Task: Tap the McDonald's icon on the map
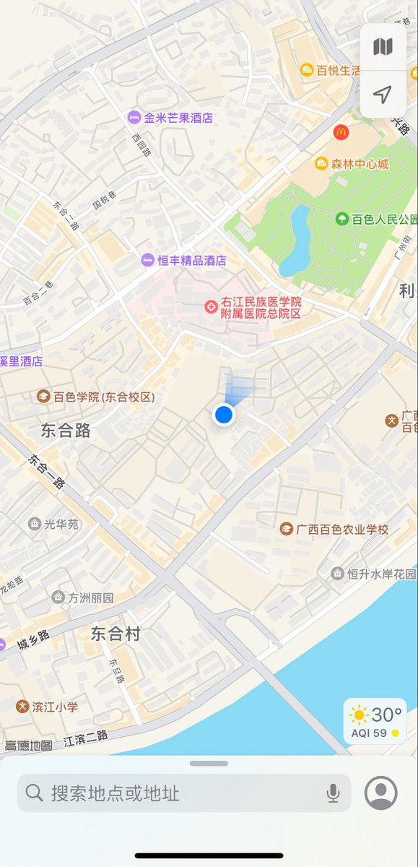pyautogui.click(x=341, y=132)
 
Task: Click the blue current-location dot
pyautogui.click(x=224, y=415)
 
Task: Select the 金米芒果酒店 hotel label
pyautogui.click(x=171, y=117)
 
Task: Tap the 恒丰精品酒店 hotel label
pyautogui.click(x=185, y=260)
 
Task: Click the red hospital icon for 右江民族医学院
pyautogui.click(x=211, y=308)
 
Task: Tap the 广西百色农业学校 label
pyautogui.click(x=336, y=530)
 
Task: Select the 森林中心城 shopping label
pyautogui.click(x=352, y=164)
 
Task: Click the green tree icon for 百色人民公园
pyautogui.click(x=341, y=218)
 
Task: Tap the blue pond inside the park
pyautogui.click(x=296, y=242)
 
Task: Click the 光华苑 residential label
pyautogui.click(x=54, y=524)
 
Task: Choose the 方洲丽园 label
pyautogui.click(x=84, y=598)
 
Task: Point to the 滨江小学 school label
pyautogui.click(x=48, y=707)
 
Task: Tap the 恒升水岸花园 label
pyautogui.click(x=374, y=574)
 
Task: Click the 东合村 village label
pyautogui.click(x=116, y=634)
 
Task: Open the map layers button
pyautogui.click(x=383, y=48)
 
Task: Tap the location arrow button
pyautogui.click(x=383, y=94)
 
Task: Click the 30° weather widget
pyautogui.click(x=375, y=721)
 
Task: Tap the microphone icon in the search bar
pyautogui.click(x=333, y=793)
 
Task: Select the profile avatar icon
pyautogui.click(x=381, y=793)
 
